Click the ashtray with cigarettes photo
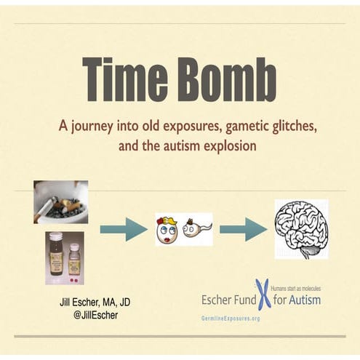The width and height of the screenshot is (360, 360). click(x=60, y=201)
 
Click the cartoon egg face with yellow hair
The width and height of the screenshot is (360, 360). click(x=167, y=230)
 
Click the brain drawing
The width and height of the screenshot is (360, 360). click(x=301, y=228)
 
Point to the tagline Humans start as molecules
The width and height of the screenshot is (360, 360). click(x=295, y=288)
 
